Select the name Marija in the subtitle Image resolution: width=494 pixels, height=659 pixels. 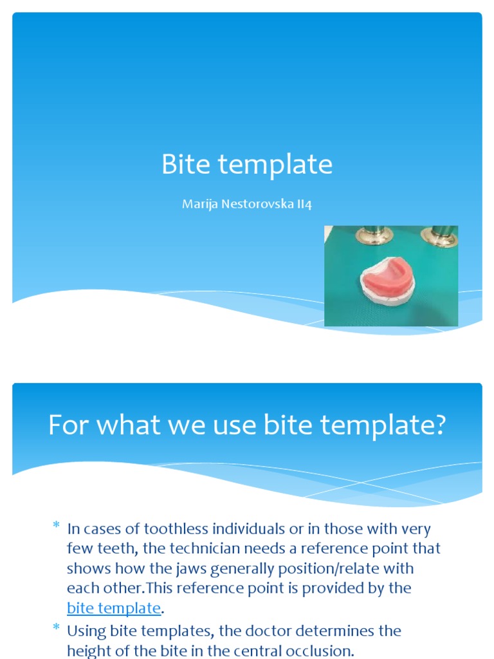click(198, 205)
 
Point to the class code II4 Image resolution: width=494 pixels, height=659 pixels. click(304, 205)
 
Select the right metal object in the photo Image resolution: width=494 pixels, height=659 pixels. click(440, 236)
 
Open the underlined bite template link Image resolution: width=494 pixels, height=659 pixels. click(113, 608)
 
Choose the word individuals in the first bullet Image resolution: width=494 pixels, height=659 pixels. click(247, 529)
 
